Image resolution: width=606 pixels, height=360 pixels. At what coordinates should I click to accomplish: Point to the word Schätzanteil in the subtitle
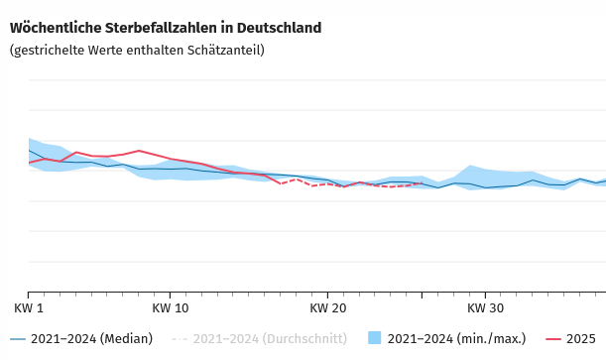pyautogui.click(x=227, y=50)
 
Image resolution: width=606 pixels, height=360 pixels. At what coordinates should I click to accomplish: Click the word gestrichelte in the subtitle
pyautogui.click(x=50, y=50)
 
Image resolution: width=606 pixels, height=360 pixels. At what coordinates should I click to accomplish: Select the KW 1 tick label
pyautogui.click(x=29, y=308)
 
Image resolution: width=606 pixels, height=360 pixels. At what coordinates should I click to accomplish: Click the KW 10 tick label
pyautogui.click(x=171, y=308)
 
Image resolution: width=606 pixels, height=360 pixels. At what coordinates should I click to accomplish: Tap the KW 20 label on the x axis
pyautogui.click(x=327, y=308)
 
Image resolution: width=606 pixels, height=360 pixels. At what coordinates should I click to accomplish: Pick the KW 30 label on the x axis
pyautogui.click(x=485, y=308)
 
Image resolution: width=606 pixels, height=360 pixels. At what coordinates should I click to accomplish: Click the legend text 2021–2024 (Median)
pyautogui.click(x=91, y=339)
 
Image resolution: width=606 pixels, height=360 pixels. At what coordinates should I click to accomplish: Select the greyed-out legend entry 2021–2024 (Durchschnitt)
pyautogui.click(x=270, y=339)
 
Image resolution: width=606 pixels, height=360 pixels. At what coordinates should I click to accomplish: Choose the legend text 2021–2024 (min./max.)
pyautogui.click(x=456, y=339)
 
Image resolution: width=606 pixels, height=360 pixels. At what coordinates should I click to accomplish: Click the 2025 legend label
pyautogui.click(x=580, y=339)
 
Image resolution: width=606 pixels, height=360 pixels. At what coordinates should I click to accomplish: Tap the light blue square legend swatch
pyautogui.click(x=375, y=338)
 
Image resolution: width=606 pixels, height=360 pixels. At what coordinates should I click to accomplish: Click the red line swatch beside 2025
pyautogui.click(x=550, y=339)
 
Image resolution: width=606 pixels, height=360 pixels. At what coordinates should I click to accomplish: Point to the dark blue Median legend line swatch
pyautogui.click(x=18, y=339)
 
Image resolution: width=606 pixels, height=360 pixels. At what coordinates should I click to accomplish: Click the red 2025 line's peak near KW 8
pyautogui.click(x=139, y=151)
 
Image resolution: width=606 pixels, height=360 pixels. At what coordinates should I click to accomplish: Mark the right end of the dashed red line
pyautogui.click(x=422, y=183)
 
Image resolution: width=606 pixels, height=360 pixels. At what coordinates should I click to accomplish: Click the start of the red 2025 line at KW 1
pyautogui.click(x=29, y=163)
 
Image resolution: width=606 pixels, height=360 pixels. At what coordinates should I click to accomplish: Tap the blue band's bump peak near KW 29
pyautogui.click(x=470, y=166)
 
